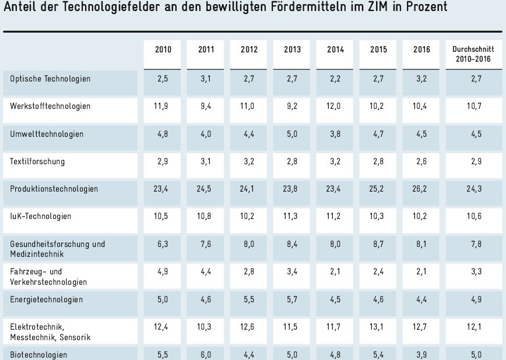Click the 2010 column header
[x=163, y=50]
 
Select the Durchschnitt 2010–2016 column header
[x=473, y=54]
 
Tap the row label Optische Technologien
[x=51, y=78]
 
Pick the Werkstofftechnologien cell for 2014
[x=335, y=106]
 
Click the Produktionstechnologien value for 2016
[x=421, y=189]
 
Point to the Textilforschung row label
[x=38, y=161]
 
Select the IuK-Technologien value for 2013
[x=292, y=217]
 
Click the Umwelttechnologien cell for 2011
[x=206, y=134]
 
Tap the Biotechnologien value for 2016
[x=421, y=354]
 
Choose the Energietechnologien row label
[x=47, y=299]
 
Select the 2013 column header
[x=292, y=50]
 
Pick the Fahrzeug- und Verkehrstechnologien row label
[x=49, y=277]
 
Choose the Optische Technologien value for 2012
[x=249, y=78]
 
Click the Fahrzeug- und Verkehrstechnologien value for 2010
[x=163, y=272]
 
